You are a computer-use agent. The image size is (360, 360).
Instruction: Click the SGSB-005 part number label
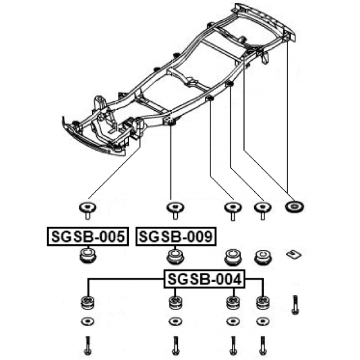88,237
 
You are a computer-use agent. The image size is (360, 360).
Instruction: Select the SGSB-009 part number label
176,237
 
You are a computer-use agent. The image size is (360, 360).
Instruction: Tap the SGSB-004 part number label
204,279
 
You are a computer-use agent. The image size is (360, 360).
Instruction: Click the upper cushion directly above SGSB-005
87,211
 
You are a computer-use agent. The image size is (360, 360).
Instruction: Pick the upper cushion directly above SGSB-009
175,211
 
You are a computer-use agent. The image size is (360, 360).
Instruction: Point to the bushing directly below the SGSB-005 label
87,255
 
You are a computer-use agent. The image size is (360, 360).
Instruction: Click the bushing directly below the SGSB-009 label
175,256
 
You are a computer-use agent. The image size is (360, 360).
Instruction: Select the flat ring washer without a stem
294,207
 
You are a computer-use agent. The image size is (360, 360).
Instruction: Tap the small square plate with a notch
294,254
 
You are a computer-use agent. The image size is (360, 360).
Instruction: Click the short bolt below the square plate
295,305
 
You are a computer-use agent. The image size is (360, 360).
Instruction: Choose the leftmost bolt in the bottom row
87,345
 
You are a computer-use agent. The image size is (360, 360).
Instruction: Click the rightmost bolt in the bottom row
262,345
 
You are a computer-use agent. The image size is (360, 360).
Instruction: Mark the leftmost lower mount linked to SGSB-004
87,303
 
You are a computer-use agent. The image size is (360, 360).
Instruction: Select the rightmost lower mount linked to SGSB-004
263,303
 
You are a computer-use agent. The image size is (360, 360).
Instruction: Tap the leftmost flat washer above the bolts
87,321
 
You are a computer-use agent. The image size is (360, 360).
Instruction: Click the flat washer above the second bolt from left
175,321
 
